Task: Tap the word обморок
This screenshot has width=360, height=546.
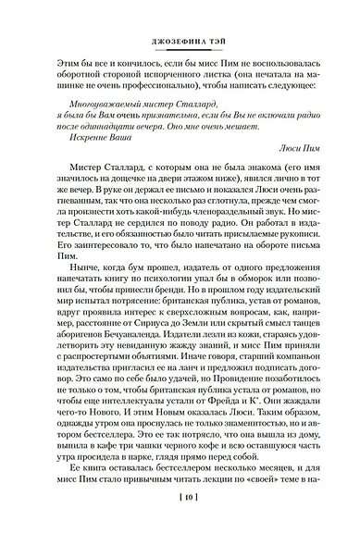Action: (247, 278)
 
